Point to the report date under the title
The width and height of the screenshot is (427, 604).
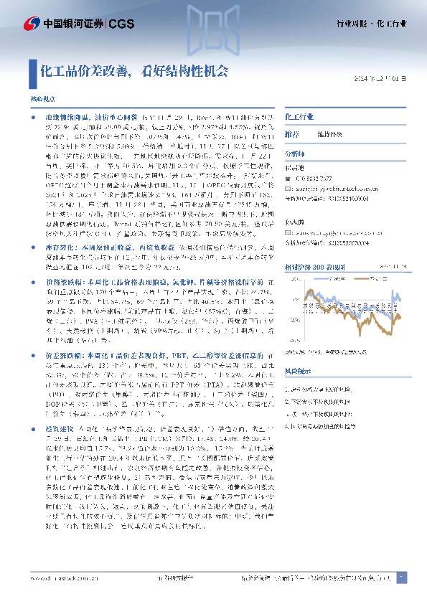click(x=386, y=78)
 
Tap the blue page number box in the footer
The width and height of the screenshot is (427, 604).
click(x=400, y=577)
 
